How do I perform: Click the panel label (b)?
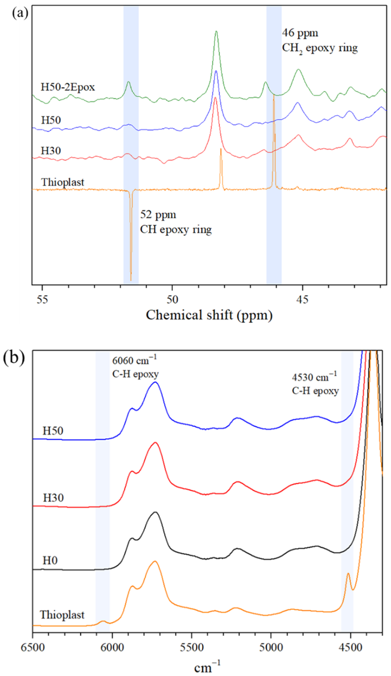pos(14,358)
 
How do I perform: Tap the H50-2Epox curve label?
pos(68,87)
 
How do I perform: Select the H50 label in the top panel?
pos(51,120)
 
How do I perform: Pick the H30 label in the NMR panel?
pos(51,151)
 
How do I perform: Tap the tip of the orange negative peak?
pos(131,280)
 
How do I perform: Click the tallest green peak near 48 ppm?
pos(216,32)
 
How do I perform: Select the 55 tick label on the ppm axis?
pos(42,299)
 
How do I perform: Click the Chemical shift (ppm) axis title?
pos(209,315)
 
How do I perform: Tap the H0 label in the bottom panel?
pos(50,560)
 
